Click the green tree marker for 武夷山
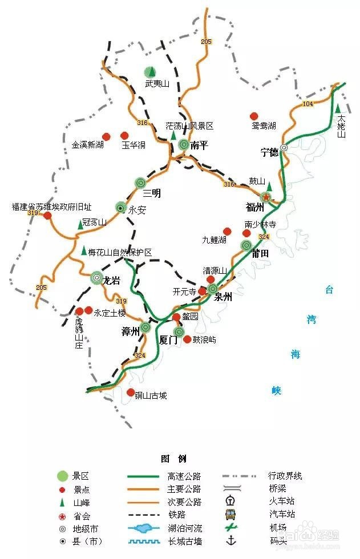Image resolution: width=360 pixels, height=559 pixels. point(149,72)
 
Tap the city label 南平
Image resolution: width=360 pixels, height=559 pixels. point(199,145)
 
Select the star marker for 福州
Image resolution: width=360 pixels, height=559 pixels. point(266,197)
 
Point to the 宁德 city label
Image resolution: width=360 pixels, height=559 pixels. point(269,152)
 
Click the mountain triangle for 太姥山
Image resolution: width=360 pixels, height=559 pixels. point(338,108)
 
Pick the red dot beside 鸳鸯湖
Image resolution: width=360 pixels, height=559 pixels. point(254,116)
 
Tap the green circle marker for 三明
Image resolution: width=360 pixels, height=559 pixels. point(141,183)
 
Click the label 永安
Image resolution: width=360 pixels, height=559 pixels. point(137,210)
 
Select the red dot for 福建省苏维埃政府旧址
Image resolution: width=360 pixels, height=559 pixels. point(47,216)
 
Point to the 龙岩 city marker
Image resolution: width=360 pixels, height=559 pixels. point(97,278)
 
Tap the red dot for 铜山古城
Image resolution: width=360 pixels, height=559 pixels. point(131,392)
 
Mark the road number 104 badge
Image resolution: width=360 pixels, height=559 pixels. point(308,104)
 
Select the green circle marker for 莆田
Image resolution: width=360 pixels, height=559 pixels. point(246,245)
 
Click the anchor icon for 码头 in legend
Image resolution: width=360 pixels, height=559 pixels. point(231,540)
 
